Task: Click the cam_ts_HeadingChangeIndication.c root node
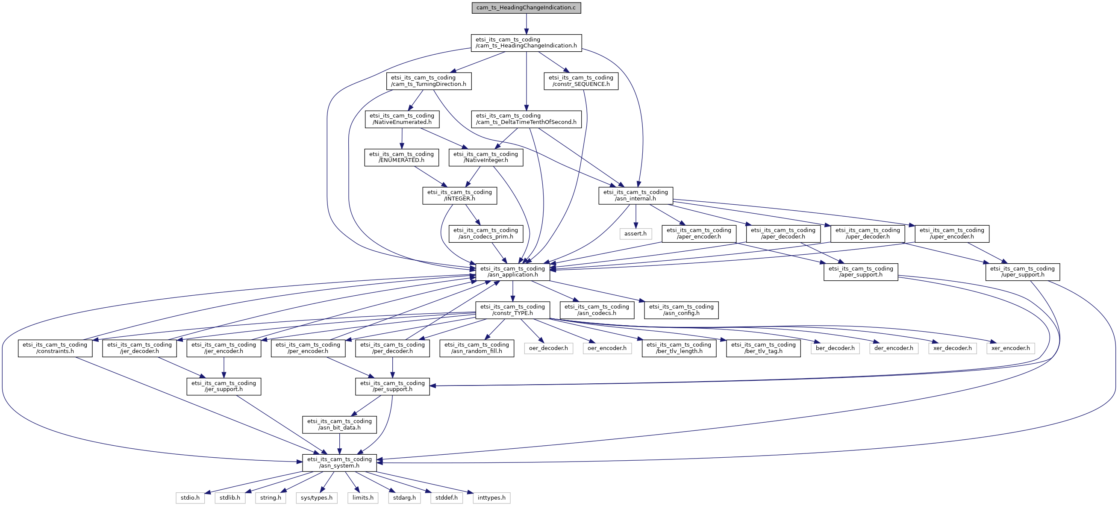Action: pyautogui.click(x=526, y=8)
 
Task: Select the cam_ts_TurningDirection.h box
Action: pyautogui.click(x=429, y=81)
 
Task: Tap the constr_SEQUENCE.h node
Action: pyautogui.click(x=581, y=81)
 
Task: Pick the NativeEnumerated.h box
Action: pyautogui.click(x=402, y=119)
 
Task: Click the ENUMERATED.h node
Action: pyautogui.click(x=401, y=158)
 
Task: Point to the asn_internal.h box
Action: pyautogui.click(x=636, y=196)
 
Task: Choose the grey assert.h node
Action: pyautogui.click(x=635, y=234)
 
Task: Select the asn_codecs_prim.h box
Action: pyautogui.click(x=485, y=234)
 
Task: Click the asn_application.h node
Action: pyautogui.click(x=512, y=272)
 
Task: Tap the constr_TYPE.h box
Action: pyautogui.click(x=512, y=310)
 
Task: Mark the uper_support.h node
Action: pyautogui.click(x=1023, y=272)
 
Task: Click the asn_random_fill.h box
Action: pyautogui.click(x=477, y=348)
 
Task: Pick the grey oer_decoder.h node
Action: pyautogui.click(x=548, y=348)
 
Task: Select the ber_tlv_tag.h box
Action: pyautogui.click(x=763, y=348)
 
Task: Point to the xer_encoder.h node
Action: pyautogui.click(x=1010, y=348)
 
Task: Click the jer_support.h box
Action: pyautogui.click(x=224, y=387)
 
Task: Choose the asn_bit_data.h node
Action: pyautogui.click(x=339, y=425)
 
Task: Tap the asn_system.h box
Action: pyautogui.click(x=339, y=463)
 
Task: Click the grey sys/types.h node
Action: pyautogui.click(x=316, y=498)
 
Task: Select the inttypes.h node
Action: pyautogui.click(x=491, y=498)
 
